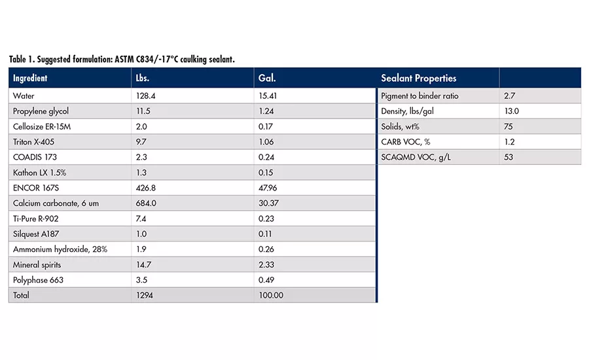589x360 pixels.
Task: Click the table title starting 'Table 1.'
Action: [122, 60]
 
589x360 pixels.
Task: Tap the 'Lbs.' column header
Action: [141, 79]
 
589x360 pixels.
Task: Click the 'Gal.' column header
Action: [267, 79]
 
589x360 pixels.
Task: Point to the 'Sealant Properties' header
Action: [418, 79]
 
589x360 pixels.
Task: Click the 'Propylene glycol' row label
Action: [41, 111]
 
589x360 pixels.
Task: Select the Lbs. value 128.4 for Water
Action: [144, 96]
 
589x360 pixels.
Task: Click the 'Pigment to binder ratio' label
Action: [419, 96]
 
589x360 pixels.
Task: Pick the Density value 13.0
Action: [511, 111]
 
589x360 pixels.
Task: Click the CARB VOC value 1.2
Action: [509, 142]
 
